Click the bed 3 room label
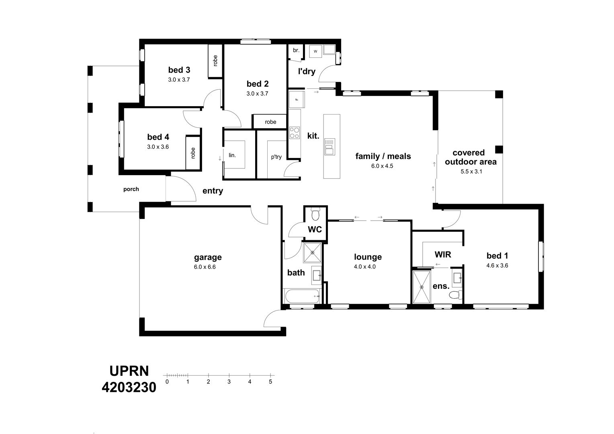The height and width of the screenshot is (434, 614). [179, 70]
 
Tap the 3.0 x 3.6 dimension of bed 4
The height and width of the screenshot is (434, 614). [158, 147]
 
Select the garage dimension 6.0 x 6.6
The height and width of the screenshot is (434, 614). [205, 267]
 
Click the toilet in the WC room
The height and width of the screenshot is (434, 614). [315, 214]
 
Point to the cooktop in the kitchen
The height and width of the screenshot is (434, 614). [295, 133]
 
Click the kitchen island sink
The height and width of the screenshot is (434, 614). [330, 147]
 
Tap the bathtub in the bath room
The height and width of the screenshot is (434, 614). [302, 296]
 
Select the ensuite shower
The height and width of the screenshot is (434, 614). [422, 287]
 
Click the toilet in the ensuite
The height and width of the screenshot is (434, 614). [455, 295]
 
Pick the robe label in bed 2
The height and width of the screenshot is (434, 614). [270, 122]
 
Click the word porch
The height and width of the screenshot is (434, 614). [131, 189]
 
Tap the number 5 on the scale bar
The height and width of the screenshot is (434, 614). [270, 382]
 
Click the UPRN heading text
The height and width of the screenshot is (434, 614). [129, 371]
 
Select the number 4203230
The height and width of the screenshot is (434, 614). [129, 387]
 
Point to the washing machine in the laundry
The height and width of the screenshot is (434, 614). [315, 51]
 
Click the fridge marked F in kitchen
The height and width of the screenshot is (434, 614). [297, 100]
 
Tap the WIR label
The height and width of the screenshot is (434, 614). [443, 254]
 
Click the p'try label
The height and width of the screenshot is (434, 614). [276, 157]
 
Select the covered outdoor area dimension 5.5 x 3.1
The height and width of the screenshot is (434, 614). [471, 171]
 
